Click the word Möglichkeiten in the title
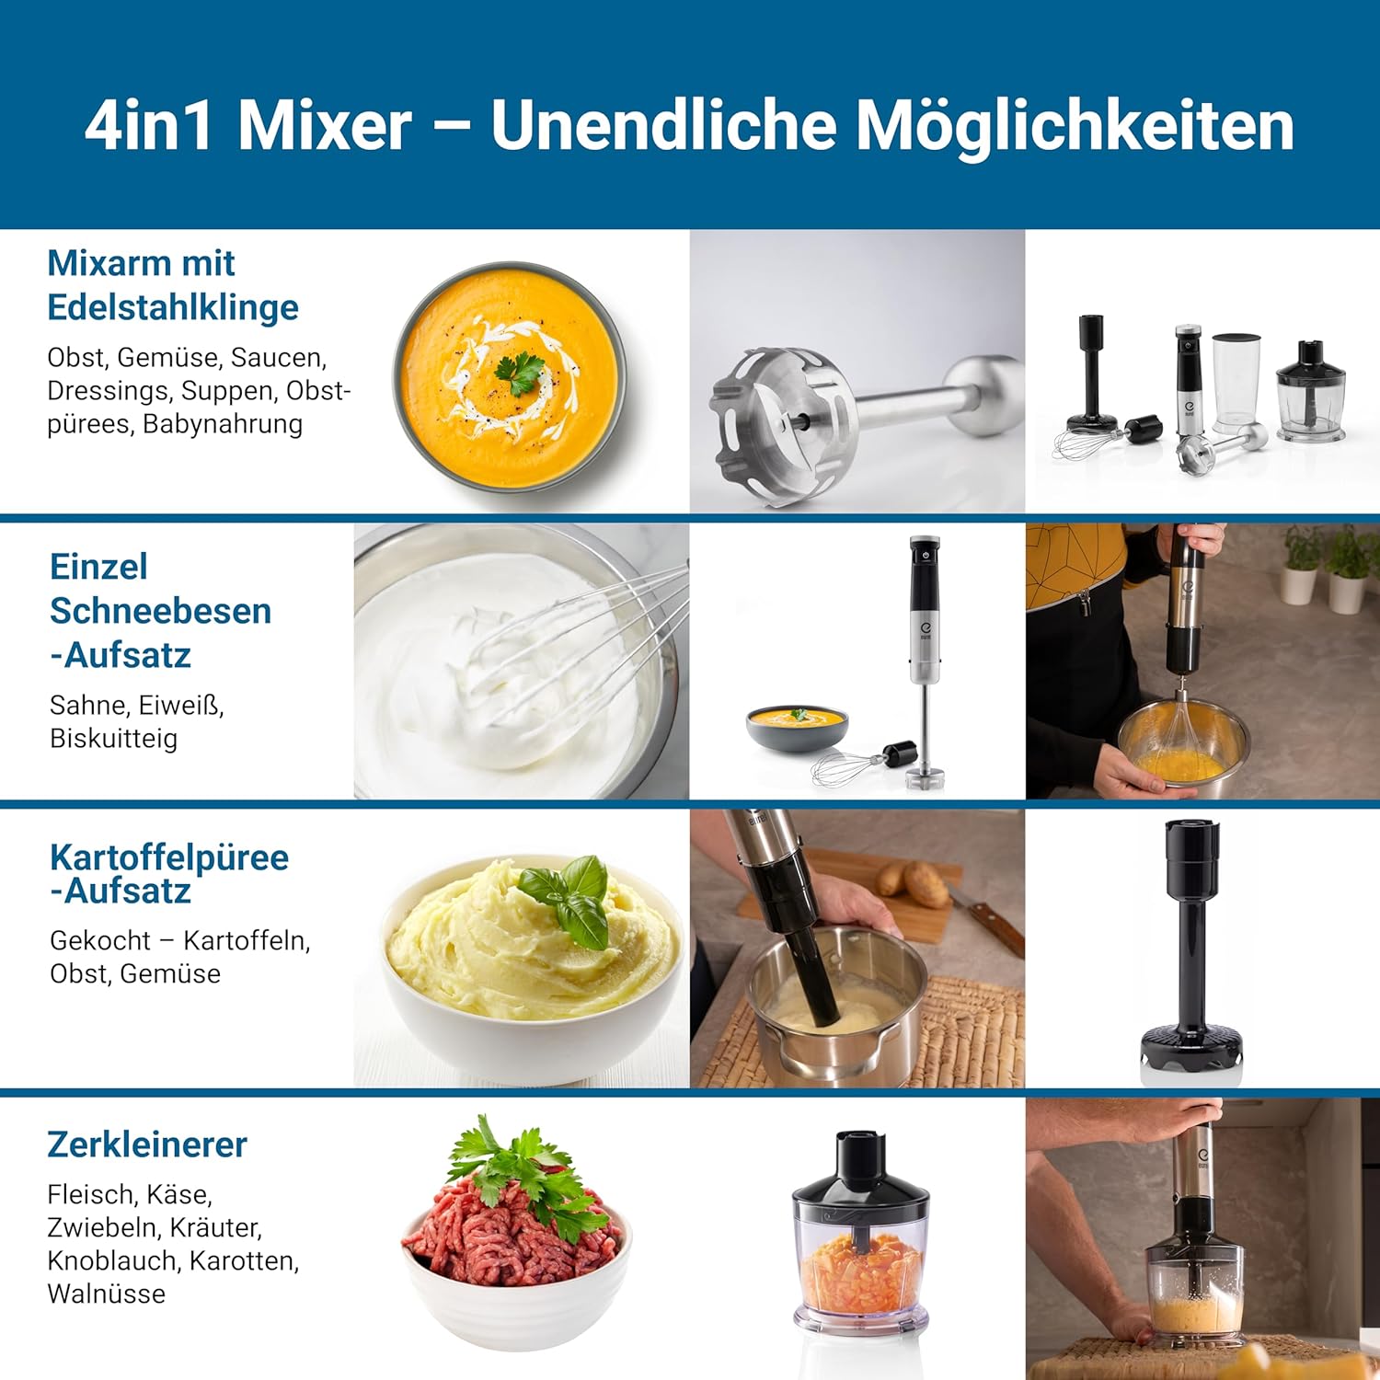(x=1075, y=126)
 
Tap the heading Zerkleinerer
(x=147, y=1144)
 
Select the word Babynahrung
(x=223, y=424)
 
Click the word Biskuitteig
(x=113, y=739)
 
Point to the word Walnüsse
(x=107, y=1294)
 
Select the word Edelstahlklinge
(x=173, y=308)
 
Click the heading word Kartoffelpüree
(x=169, y=857)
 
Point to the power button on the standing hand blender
(x=925, y=555)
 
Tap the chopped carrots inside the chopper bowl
(x=860, y=1273)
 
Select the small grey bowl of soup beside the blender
(x=797, y=727)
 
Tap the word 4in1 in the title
(x=149, y=126)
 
